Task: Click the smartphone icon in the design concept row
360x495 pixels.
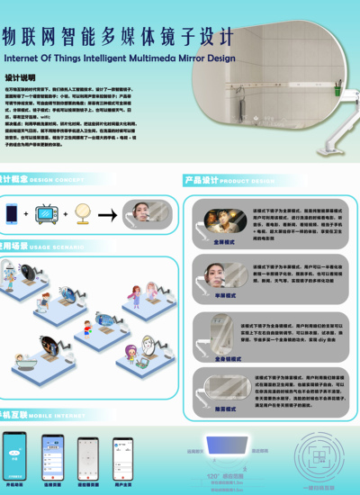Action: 13,212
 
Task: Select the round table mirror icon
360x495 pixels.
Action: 80,213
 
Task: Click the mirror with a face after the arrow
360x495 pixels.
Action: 147,213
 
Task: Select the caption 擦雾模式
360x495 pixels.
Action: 224,408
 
